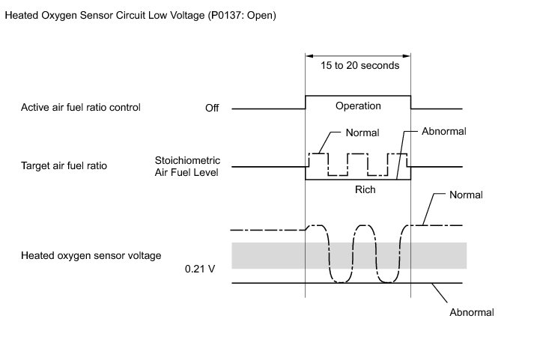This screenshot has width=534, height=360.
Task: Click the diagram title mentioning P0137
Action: [140, 16]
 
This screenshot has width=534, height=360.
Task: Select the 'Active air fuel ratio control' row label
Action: [80, 108]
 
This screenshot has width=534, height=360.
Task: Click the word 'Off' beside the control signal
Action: [212, 109]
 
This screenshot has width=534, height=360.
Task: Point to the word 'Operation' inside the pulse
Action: [358, 106]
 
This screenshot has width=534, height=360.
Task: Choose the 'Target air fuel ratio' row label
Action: [64, 165]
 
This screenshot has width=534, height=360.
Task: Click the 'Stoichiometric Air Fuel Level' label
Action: [186, 165]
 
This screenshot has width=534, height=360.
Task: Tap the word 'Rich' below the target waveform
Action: [365, 189]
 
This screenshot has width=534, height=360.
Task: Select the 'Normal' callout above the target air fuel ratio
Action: [362, 132]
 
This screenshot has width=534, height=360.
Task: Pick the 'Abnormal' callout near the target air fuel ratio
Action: [444, 131]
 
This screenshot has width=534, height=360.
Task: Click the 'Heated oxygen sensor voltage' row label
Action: [91, 255]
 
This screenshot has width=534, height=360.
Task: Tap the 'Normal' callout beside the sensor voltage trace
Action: [466, 195]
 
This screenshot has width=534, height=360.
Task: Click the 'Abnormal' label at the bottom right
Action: [472, 312]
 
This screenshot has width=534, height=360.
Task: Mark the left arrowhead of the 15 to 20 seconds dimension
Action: [309, 54]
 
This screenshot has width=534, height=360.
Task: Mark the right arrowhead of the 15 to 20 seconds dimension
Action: [408, 54]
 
